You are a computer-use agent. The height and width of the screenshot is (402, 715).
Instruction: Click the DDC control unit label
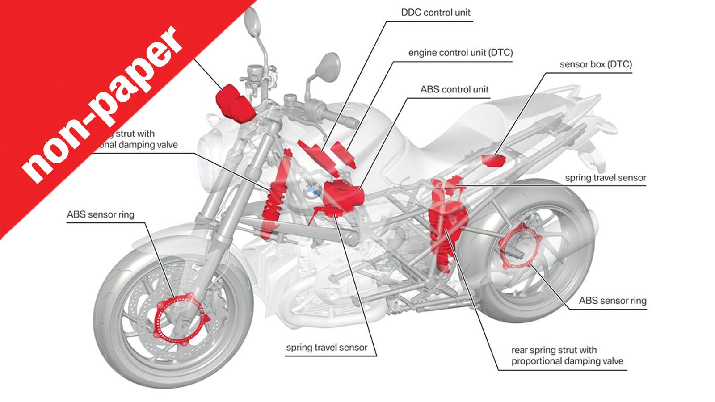(435, 13)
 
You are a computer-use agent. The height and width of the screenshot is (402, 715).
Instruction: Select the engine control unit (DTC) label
(460, 53)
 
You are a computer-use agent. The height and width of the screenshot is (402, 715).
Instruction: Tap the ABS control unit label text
(454, 89)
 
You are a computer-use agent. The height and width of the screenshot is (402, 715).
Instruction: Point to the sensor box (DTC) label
(596, 64)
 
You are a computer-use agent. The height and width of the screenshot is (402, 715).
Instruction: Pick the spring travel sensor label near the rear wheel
(605, 178)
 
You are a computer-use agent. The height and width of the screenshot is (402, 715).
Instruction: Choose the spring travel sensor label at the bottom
(327, 348)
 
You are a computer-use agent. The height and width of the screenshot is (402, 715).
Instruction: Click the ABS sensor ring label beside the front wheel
(101, 214)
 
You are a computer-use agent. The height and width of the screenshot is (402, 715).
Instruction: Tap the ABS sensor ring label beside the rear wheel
(612, 301)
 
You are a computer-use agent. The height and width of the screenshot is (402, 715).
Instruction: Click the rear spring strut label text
(567, 356)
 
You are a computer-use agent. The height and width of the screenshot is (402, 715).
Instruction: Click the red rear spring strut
(442, 228)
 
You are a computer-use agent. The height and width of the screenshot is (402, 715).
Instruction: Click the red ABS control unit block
(343, 194)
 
